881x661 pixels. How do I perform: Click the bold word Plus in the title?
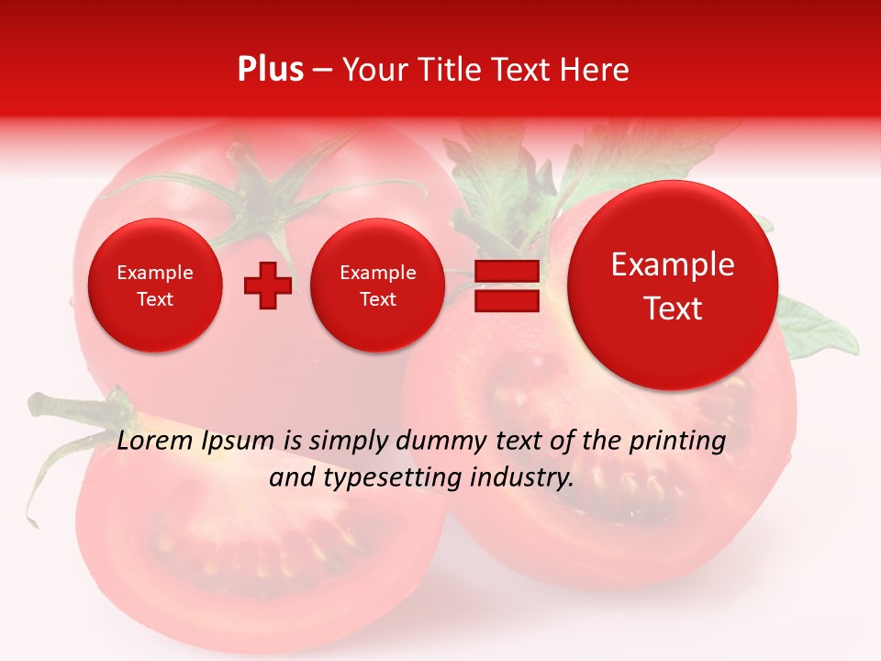click(270, 70)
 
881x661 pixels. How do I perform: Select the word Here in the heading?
click(596, 70)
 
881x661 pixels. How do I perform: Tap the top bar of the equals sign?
click(507, 272)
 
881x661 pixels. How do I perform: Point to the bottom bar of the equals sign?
click(507, 301)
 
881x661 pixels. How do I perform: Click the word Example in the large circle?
click(673, 264)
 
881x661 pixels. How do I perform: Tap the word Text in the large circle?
click(673, 308)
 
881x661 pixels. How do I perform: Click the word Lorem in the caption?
click(156, 441)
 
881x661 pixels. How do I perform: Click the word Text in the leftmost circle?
click(155, 299)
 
